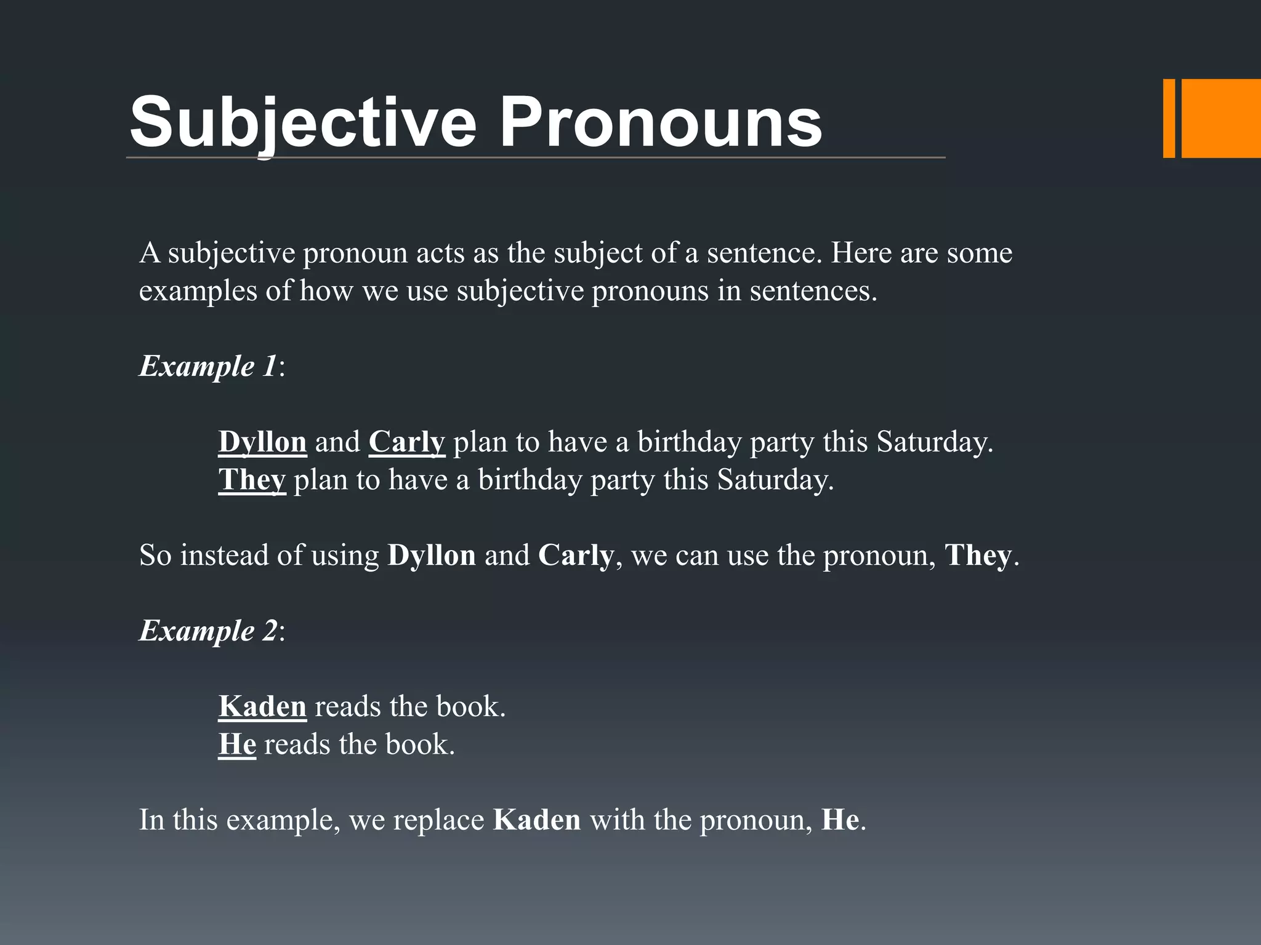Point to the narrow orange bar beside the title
pos(1169,119)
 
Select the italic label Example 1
pos(208,367)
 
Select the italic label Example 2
pos(208,631)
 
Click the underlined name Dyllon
pos(262,442)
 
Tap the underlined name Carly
pos(406,442)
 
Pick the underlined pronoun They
pos(252,480)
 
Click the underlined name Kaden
pos(262,707)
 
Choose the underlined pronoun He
pos(237,744)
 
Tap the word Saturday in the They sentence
pos(774,480)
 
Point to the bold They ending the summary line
pos(978,556)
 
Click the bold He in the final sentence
pos(840,821)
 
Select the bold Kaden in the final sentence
pos(537,821)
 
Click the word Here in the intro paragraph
pos(861,253)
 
